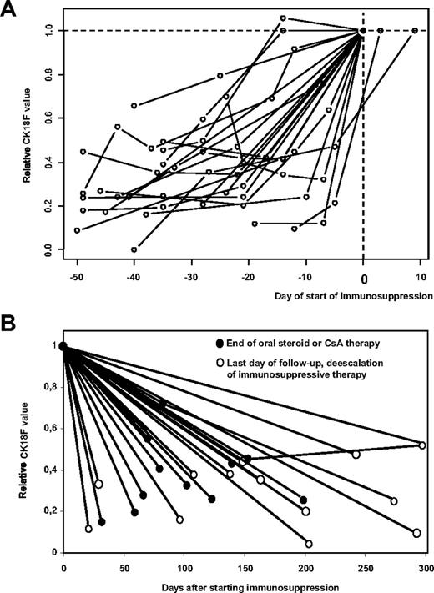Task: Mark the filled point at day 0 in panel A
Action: [x=363, y=31]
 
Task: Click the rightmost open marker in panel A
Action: [x=415, y=31]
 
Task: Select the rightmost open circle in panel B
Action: [x=422, y=445]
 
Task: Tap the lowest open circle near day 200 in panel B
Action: [x=309, y=544]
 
